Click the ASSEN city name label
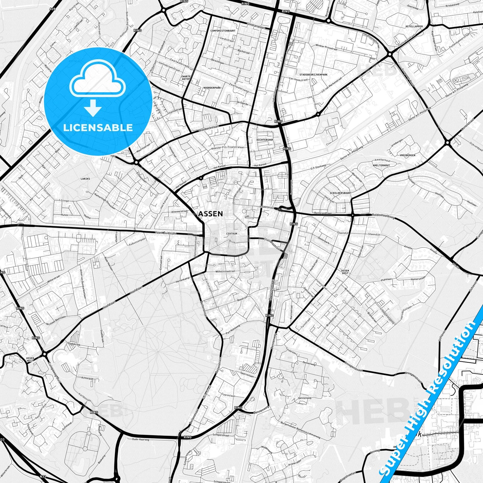(x=210, y=214)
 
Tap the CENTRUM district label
(x=232, y=234)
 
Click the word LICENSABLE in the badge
(x=98, y=127)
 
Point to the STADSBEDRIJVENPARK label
(x=313, y=75)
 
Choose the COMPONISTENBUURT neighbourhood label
(x=223, y=31)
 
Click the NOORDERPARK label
(x=212, y=88)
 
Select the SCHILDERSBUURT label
(x=341, y=193)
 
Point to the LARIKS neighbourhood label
(x=85, y=179)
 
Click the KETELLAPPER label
(x=414, y=26)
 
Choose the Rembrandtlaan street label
(x=323, y=213)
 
